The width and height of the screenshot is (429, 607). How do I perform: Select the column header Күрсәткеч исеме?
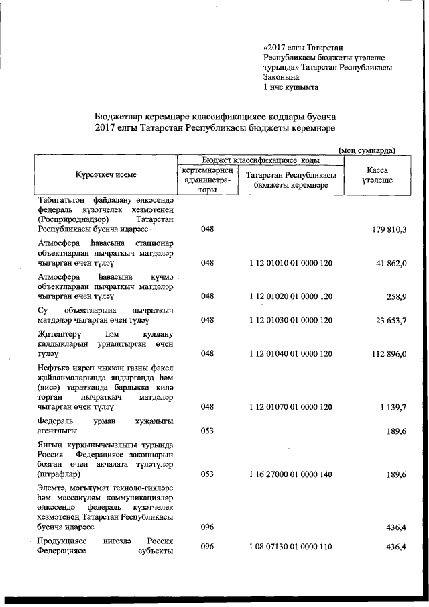point(106,175)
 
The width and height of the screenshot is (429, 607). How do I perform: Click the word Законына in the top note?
point(282,77)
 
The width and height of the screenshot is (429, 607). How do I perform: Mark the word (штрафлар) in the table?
point(58,474)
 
